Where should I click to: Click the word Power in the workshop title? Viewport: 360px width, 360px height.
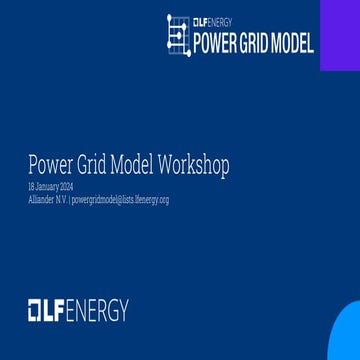48,164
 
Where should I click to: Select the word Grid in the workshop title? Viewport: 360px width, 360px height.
89,164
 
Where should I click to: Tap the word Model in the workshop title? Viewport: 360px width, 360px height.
130,164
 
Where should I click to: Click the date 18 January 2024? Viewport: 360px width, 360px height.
78,187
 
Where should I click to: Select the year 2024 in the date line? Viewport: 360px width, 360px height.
94,187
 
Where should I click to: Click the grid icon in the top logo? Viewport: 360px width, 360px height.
178,35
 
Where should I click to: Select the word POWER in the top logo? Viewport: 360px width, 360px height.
213,44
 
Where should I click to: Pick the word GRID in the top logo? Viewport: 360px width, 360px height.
251,44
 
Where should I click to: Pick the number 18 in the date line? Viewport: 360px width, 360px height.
59,187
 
